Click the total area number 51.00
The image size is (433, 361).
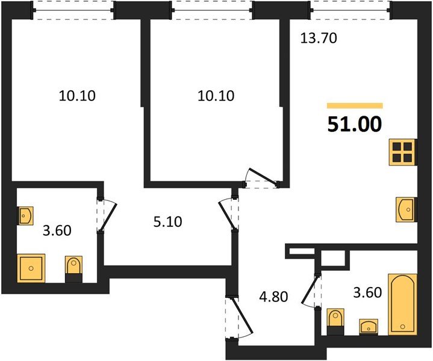(x=355, y=124)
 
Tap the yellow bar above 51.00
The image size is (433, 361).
(x=355, y=105)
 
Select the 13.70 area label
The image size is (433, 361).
(x=318, y=39)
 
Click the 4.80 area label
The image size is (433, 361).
(x=275, y=297)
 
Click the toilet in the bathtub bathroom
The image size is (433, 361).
(x=334, y=321)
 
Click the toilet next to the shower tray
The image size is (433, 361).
(x=73, y=268)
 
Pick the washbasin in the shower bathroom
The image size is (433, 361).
(x=26, y=215)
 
